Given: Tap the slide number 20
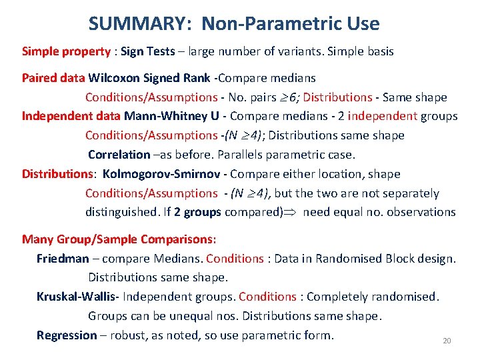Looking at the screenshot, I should click(x=447, y=341).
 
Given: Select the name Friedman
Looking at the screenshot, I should click(x=63, y=258).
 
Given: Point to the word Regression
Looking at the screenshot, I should click(x=67, y=335).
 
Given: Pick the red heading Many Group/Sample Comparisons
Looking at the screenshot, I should click(x=123, y=239).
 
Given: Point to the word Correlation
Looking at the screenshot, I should click(x=119, y=155).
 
